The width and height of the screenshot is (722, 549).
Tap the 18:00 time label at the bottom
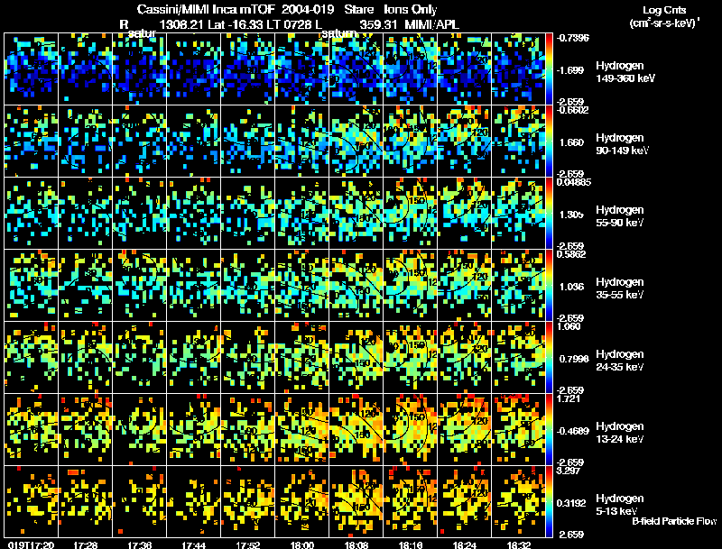pos(302,544)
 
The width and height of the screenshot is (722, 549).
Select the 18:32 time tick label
pos(518,544)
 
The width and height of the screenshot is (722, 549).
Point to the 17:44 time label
pos(194,544)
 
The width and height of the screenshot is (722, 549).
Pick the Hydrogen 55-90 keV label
pos(620,216)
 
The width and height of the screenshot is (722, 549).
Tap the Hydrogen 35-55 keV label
pos(620,288)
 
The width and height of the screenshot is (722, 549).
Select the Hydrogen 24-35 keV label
pos(620,361)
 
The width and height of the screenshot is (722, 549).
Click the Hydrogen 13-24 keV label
pos(620,433)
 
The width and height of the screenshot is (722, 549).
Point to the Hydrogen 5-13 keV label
pos(618,505)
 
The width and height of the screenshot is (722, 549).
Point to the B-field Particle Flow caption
pos(673,521)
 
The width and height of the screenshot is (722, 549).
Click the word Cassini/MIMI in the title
pos(180,9)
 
